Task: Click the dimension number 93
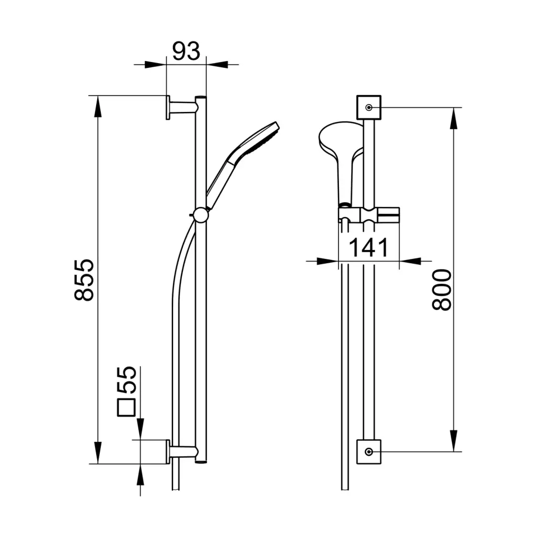186,51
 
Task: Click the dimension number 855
85,280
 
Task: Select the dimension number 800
442,290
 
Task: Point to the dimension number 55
127,379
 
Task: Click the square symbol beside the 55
126,408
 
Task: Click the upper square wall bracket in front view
369,107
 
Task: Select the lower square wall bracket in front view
369,451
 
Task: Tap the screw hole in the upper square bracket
369,107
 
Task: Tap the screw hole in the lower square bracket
369,451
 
